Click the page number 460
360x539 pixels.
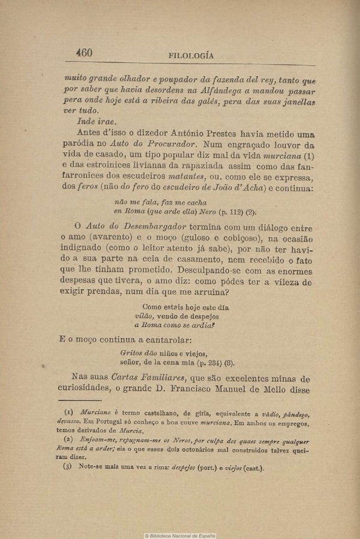(84, 53)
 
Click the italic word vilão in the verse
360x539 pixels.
(143, 316)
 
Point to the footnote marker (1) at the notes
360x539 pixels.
(68, 414)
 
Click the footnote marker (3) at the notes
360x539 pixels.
(68, 469)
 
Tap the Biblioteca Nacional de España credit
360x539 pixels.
(180, 535)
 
